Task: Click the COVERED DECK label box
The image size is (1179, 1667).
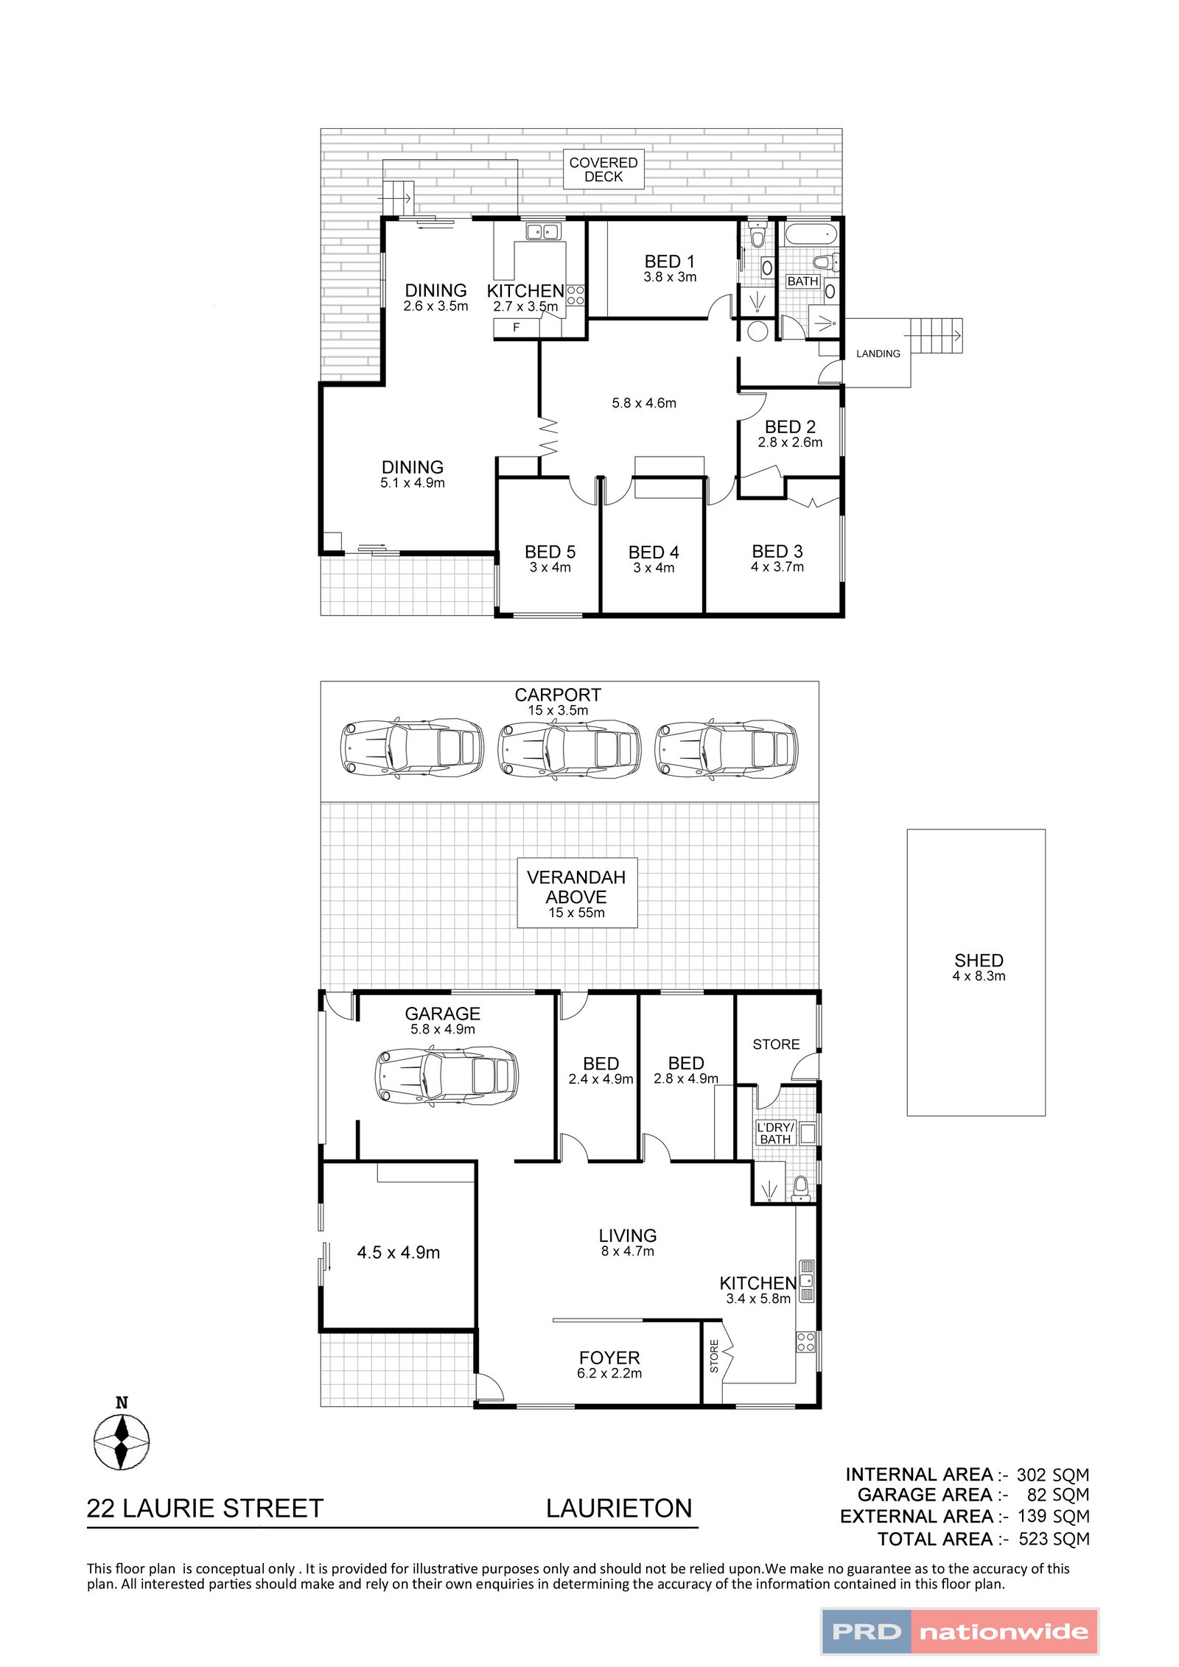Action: point(603,169)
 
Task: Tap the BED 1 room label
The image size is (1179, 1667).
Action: point(669,262)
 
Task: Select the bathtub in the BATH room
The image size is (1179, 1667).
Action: point(810,235)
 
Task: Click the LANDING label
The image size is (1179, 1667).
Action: point(878,354)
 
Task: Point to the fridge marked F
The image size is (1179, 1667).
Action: point(516,328)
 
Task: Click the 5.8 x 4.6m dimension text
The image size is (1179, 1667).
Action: point(643,403)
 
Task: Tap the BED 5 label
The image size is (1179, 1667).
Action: point(550,552)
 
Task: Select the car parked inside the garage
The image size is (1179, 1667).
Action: point(447,1076)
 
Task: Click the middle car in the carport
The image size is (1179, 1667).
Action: point(570,748)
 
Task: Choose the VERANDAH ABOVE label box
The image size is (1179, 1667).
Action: point(576,892)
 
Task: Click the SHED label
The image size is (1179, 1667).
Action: point(978,961)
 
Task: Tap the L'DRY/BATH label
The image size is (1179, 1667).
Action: point(774,1133)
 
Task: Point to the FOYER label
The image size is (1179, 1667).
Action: point(609,1358)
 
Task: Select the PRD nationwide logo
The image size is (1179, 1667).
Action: point(959,1631)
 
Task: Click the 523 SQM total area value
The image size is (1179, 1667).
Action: point(1053,1539)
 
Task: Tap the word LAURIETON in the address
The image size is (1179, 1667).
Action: point(618,1509)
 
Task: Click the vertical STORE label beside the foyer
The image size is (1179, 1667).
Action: point(713,1356)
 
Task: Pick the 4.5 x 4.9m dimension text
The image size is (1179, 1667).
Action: point(398,1252)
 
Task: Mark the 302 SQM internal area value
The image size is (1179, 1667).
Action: point(1052,1475)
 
